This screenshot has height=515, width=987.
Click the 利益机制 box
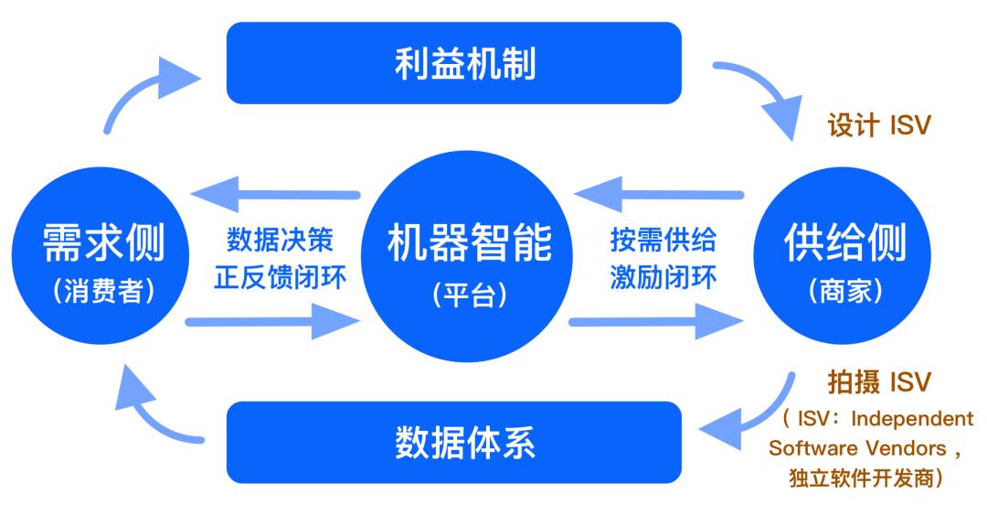pyautogui.click(x=453, y=64)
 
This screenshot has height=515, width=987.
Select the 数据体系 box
pyautogui.click(x=453, y=442)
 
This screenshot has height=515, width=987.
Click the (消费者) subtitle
pyautogui.click(x=103, y=291)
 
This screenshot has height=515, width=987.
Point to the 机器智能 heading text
pyautogui.click(x=469, y=243)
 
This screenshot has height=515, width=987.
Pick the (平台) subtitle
pyautogui.click(x=469, y=298)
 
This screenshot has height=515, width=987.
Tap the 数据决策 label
pyautogui.click(x=281, y=241)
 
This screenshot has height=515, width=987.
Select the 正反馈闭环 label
pyautogui.click(x=281, y=278)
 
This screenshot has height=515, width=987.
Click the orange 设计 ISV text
pyautogui.click(x=878, y=125)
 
